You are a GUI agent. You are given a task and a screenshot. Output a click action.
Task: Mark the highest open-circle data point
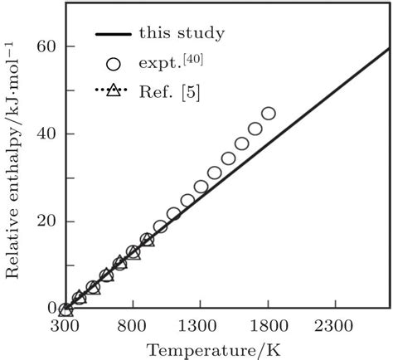tap(268, 114)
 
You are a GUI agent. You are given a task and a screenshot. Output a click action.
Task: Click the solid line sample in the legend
tap(114, 35)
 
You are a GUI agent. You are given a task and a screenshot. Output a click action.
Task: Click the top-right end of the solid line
tap(390, 48)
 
